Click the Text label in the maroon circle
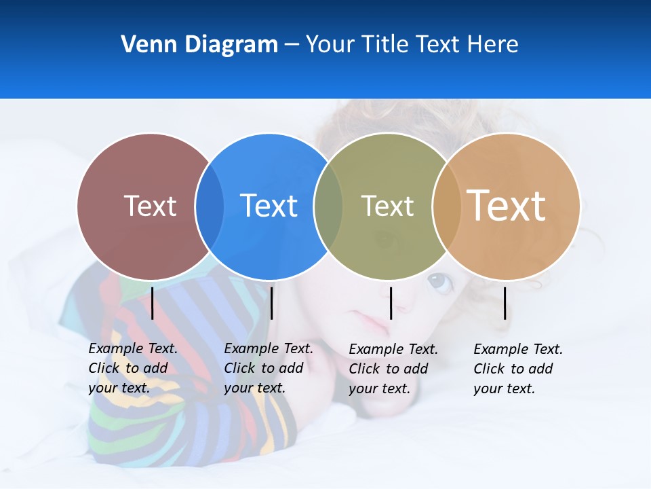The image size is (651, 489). pos(150,206)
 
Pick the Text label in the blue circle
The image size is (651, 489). pos(269,206)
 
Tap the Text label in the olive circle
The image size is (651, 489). pos(387,206)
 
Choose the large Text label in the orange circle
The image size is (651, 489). pos(507,206)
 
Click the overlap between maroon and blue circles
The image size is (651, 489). pos(210,206)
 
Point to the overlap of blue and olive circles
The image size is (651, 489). pos(328,206)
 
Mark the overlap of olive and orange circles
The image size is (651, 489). pos(446,206)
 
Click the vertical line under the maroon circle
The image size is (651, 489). pos(153,303)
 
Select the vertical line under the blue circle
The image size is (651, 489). pos(271,303)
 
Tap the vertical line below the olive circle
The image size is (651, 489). pos(391,303)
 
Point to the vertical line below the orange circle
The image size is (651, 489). pos(505,303)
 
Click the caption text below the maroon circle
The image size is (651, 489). pos(132,368)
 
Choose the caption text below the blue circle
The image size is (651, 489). pos(268,368)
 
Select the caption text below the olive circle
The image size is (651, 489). pos(393,369)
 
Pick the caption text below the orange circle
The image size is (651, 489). pos(517,369)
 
